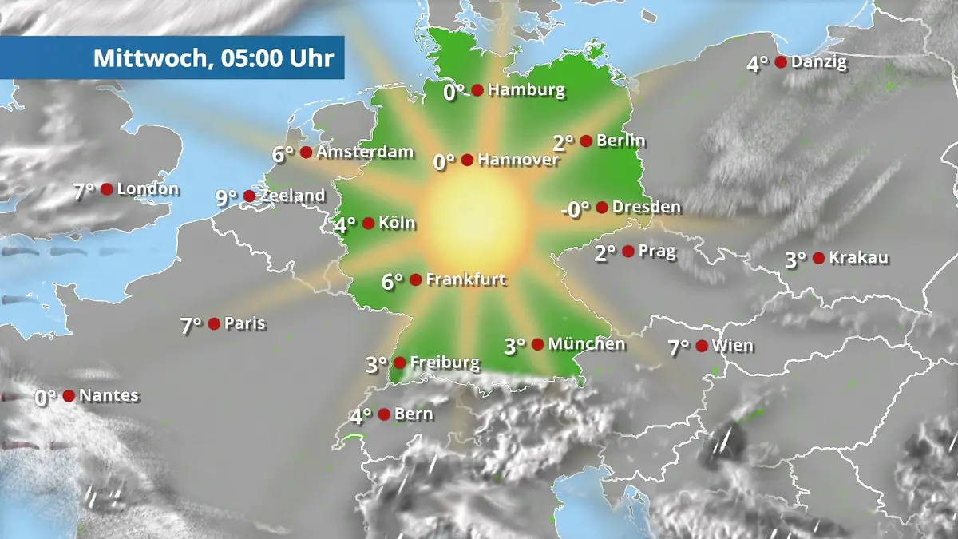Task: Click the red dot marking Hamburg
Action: click(x=477, y=90)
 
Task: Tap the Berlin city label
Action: click(x=620, y=141)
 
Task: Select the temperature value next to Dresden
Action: click(x=575, y=208)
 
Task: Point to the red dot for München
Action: click(x=538, y=344)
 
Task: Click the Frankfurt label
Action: click(x=466, y=279)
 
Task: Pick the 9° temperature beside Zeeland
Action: click(x=227, y=196)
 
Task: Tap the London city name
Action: click(x=148, y=189)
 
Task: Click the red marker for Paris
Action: click(x=214, y=323)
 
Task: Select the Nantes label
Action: click(x=109, y=395)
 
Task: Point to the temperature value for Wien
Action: click(x=679, y=347)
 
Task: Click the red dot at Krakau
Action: click(x=818, y=257)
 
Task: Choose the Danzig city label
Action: click(x=819, y=62)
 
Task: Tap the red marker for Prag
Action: click(x=628, y=252)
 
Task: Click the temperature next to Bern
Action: click(x=361, y=416)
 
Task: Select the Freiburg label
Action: click(x=445, y=363)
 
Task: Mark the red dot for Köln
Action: click(x=368, y=224)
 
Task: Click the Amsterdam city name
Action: click(x=365, y=152)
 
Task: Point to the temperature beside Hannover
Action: click(x=444, y=161)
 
